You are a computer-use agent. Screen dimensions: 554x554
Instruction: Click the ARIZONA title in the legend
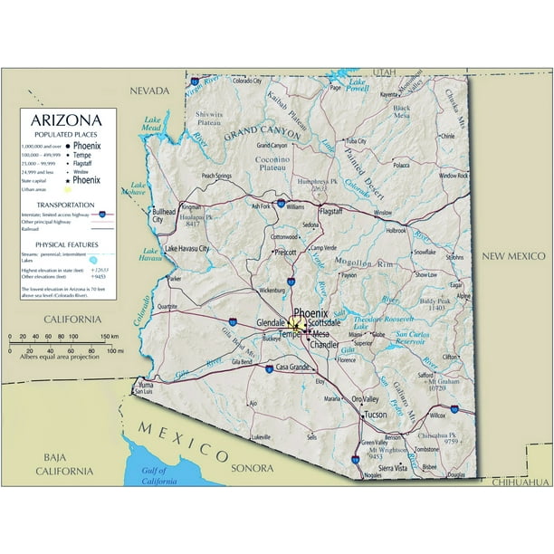66,119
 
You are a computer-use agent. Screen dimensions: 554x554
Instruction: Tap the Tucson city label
375,414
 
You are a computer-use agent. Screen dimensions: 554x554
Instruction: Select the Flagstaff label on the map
331,210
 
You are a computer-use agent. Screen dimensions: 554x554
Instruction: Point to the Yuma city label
144,384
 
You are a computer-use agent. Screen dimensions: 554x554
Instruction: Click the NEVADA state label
149,91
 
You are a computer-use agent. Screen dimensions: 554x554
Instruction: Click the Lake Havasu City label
187,248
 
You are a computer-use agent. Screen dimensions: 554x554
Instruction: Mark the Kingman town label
191,206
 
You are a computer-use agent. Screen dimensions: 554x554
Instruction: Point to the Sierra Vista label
393,468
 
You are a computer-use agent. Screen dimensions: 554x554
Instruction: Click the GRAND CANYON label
263,132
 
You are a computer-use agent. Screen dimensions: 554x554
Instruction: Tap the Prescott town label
285,253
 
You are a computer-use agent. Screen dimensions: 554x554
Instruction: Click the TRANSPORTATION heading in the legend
66,205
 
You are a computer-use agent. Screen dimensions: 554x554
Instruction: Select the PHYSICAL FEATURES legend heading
66,244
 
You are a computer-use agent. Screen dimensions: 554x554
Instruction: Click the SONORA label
252,468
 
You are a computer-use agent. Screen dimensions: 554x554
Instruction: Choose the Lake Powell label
357,88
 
